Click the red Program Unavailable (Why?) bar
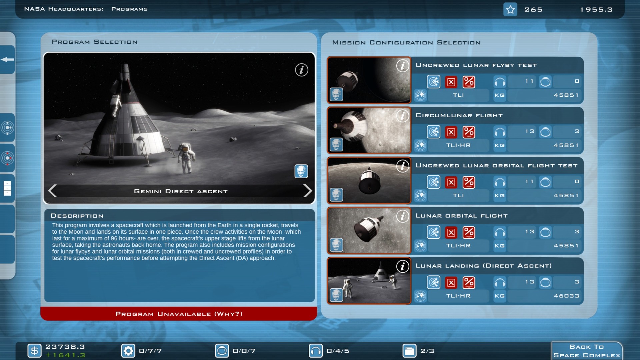click(179, 314)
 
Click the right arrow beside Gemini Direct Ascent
click(307, 191)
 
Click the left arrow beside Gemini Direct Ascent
click(52, 191)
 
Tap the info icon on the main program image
click(301, 70)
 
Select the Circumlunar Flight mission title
click(459, 115)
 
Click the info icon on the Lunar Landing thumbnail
click(403, 266)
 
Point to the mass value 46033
click(566, 296)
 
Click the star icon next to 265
click(510, 9)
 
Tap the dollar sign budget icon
click(34, 351)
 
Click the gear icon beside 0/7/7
click(128, 351)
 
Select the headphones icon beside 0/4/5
click(316, 351)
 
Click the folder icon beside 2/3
click(409, 351)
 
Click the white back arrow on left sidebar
click(7, 60)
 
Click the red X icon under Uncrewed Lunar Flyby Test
click(451, 82)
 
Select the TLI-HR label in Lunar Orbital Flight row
click(458, 246)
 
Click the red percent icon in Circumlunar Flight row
click(469, 132)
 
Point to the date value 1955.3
click(596, 10)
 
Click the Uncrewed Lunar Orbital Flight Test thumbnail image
click(369, 180)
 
